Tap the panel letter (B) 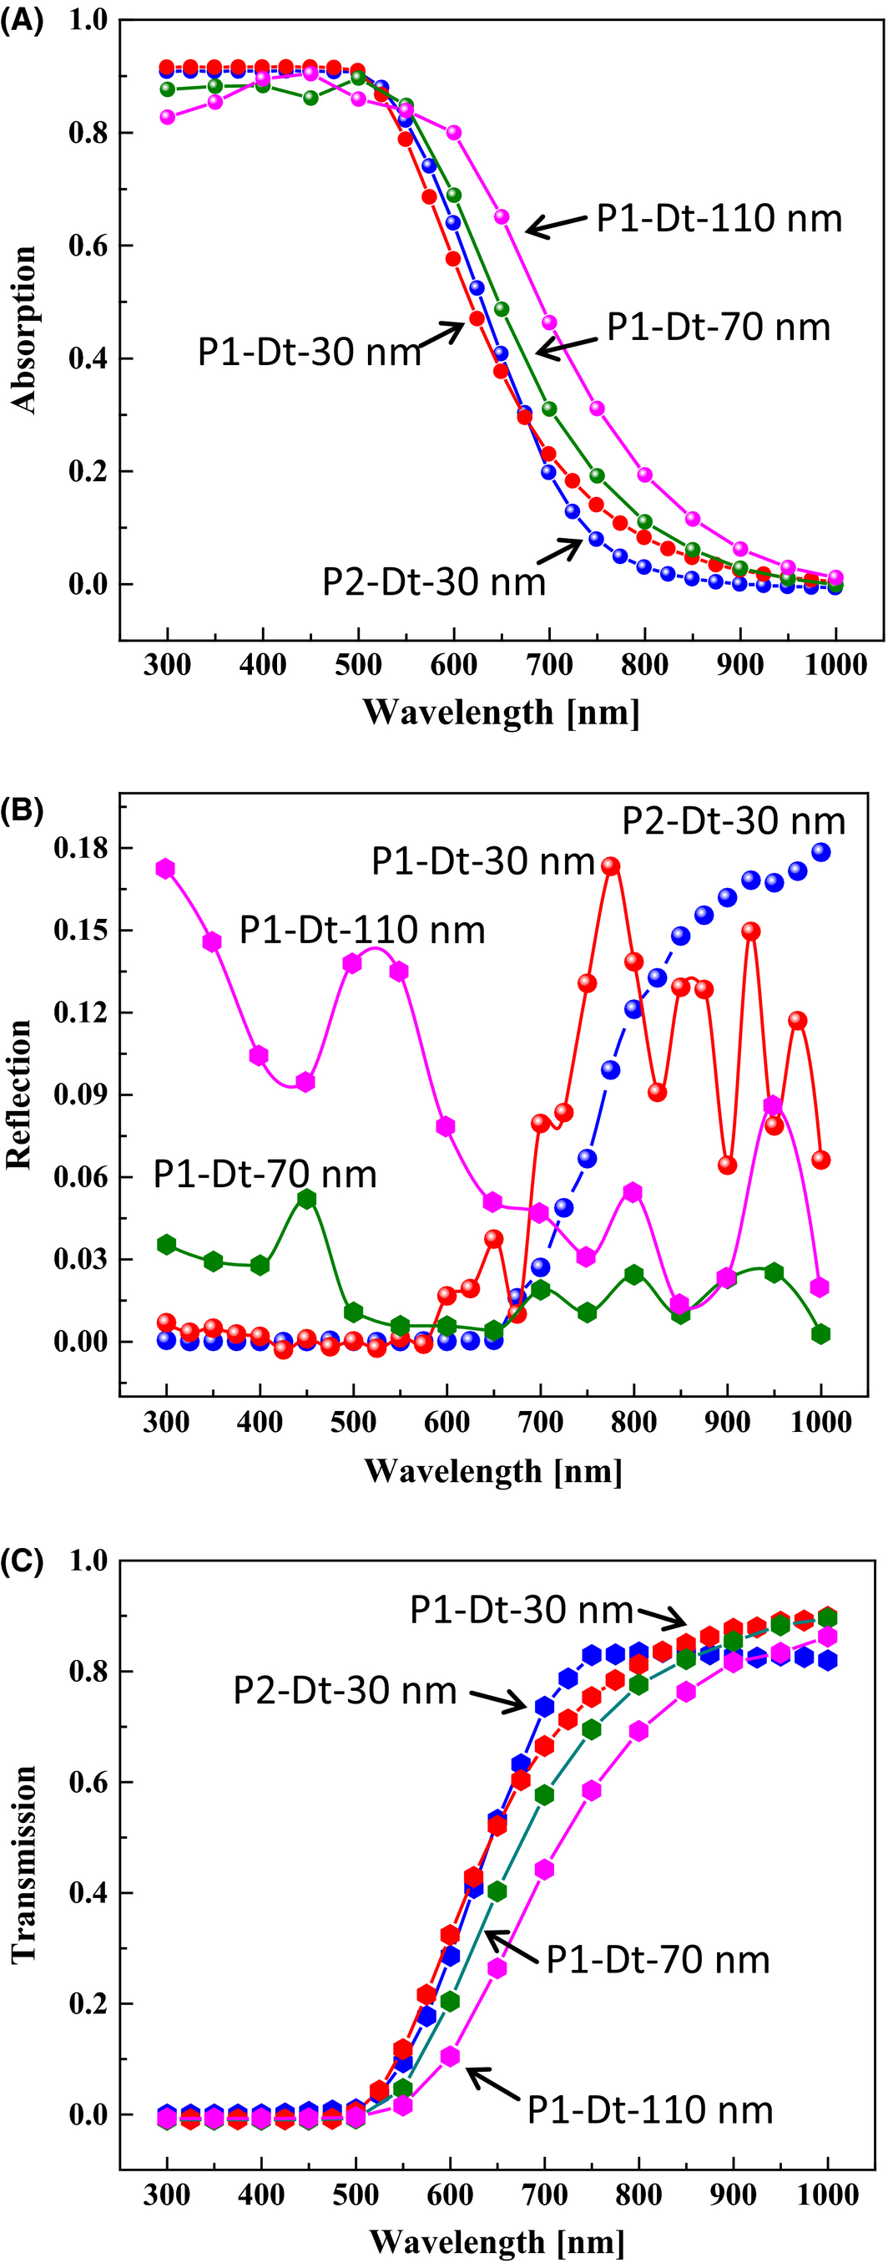click(21, 810)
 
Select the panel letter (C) click(21, 1561)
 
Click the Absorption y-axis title click(23, 330)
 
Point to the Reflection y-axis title click(18, 1094)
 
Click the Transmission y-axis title click(23, 1864)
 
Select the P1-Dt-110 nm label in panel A click(719, 219)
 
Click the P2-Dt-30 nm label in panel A click(434, 581)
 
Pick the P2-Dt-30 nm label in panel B click(734, 821)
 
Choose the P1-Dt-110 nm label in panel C click(650, 2110)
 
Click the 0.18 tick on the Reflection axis click(81, 848)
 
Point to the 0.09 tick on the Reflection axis click(81, 1094)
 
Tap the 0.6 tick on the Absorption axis click(88, 246)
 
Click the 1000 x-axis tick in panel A click(835, 664)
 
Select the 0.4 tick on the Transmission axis click(88, 1892)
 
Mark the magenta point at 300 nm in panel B click(165, 868)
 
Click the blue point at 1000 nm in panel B click(821, 851)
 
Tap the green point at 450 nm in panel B click(306, 1199)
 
